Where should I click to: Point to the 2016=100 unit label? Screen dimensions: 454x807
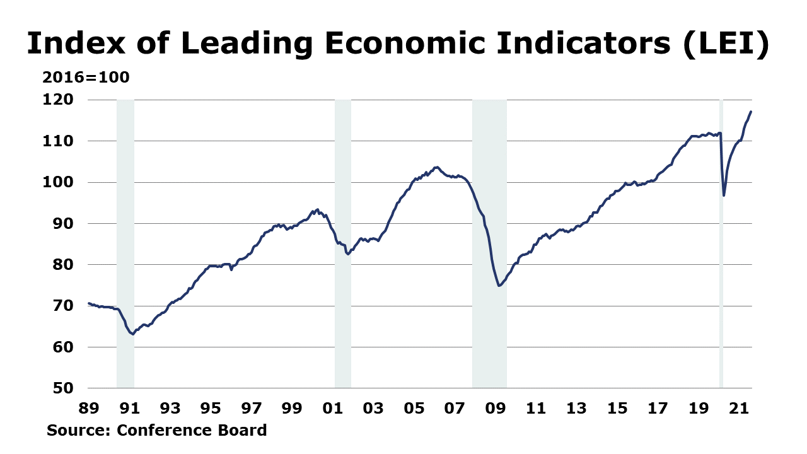(86, 78)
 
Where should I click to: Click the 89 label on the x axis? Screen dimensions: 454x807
(88, 409)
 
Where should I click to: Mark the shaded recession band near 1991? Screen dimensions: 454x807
(125, 243)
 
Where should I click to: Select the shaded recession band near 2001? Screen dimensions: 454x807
(342, 243)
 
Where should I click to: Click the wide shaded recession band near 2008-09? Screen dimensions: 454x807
(489, 243)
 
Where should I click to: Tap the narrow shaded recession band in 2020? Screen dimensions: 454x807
(721, 243)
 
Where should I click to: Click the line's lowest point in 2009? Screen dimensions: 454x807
(499, 286)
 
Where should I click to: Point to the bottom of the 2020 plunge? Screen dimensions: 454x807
(724, 195)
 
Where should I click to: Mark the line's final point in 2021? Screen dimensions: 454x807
(751, 112)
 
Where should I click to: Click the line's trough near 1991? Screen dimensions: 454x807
(132, 334)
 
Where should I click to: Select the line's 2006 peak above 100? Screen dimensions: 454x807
(436, 167)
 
